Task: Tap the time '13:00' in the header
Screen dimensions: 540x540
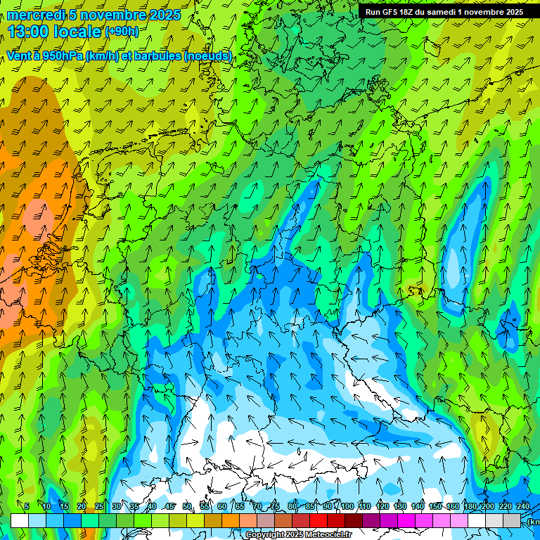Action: click(29, 32)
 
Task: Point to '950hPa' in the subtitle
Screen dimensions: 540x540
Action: click(62, 56)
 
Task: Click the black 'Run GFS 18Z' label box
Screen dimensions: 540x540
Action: click(444, 12)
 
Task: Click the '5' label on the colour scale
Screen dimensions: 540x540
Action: click(27, 506)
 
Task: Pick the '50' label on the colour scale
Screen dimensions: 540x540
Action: click(187, 506)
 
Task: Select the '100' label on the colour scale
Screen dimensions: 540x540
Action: click(347, 506)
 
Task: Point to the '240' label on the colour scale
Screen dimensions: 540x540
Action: click(523, 506)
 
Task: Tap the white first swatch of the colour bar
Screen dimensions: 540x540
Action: click(20, 520)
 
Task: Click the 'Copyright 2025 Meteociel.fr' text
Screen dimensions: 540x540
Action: click(299, 535)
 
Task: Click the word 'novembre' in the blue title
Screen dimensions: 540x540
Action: click(113, 14)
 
